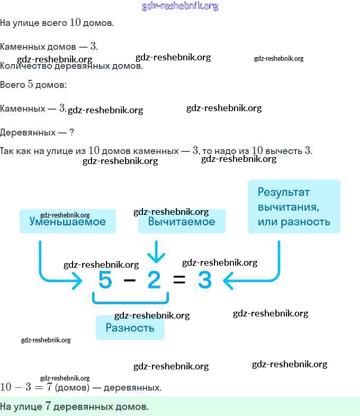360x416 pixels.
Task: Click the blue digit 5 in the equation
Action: [105, 280]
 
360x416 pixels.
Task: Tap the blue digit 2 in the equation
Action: [154, 280]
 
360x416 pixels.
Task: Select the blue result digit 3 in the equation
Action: [204, 280]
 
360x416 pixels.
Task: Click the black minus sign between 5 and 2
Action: [130, 281]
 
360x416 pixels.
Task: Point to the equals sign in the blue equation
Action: [179, 281]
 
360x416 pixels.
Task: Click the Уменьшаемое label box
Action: [67, 222]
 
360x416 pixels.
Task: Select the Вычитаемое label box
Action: [182, 222]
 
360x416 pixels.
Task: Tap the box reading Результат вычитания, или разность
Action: [294, 206]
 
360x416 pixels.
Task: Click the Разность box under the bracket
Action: [130, 328]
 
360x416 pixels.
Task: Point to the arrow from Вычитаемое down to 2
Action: [156, 251]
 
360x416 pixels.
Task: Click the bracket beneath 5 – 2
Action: [130, 300]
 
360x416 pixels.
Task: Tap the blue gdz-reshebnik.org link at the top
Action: [180, 6]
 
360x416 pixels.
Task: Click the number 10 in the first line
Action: [75, 23]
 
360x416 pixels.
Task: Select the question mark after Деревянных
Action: [71, 132]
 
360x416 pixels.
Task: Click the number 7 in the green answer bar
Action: [48, 406]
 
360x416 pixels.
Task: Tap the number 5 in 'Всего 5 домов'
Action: [31, 84]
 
